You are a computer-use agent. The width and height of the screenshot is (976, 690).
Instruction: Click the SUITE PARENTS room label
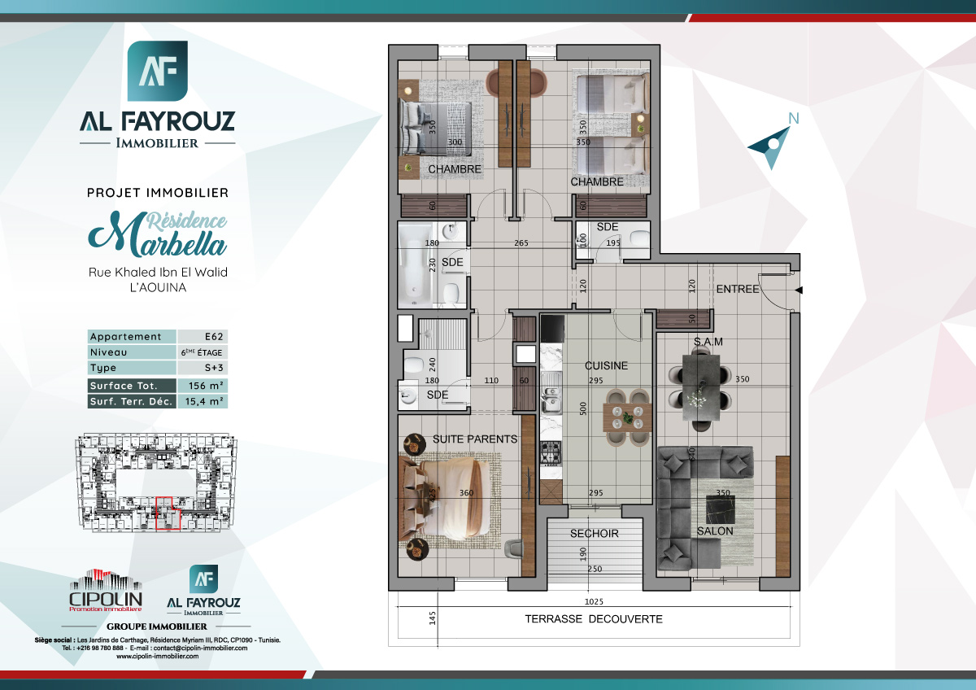click(475, 439)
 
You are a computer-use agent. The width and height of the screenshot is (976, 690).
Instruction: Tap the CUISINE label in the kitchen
click(607, 366)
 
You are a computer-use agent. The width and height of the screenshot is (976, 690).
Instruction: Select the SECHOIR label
click(595, 534)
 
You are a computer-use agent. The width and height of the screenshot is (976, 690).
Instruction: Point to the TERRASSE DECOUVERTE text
click(594, 619)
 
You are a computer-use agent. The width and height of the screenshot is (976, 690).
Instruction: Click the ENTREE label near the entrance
click(738, 289)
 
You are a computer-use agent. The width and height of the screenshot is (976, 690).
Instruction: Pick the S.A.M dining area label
click(708, 342)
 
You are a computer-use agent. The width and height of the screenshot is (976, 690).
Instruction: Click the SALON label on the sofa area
click(715, 531)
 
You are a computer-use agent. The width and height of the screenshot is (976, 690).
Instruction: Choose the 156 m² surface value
click(201, 386)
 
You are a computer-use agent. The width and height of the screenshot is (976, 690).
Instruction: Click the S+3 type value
click(201, 369)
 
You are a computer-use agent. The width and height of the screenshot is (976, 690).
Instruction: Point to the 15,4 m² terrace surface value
click(201, 401)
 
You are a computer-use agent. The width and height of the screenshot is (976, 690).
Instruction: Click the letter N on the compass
click(793, 119)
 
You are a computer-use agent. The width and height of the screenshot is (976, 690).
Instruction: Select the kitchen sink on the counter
click(551, 398)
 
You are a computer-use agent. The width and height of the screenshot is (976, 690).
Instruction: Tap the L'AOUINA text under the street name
click(158, 287)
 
